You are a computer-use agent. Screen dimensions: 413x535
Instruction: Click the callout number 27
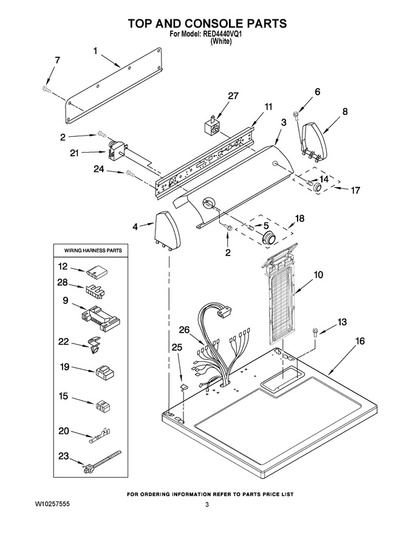tap(233, 96)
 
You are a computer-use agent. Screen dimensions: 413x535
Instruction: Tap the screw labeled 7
tap(46, 89)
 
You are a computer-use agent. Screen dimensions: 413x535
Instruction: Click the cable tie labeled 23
tap(101, 461)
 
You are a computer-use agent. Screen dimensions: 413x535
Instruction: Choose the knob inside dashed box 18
tap(269, 237)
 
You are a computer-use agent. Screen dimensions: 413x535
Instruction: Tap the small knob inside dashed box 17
tap(317, 187)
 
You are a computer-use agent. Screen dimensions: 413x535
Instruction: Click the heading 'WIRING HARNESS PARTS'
tap(93, 250)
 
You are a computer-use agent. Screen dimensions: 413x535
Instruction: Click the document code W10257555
tap(52, 504)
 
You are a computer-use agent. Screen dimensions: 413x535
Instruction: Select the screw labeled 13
tap(314, 332)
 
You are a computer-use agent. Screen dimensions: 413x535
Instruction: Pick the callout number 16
tap(360, 341)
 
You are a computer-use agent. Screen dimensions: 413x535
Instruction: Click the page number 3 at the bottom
tap(207, 504)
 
